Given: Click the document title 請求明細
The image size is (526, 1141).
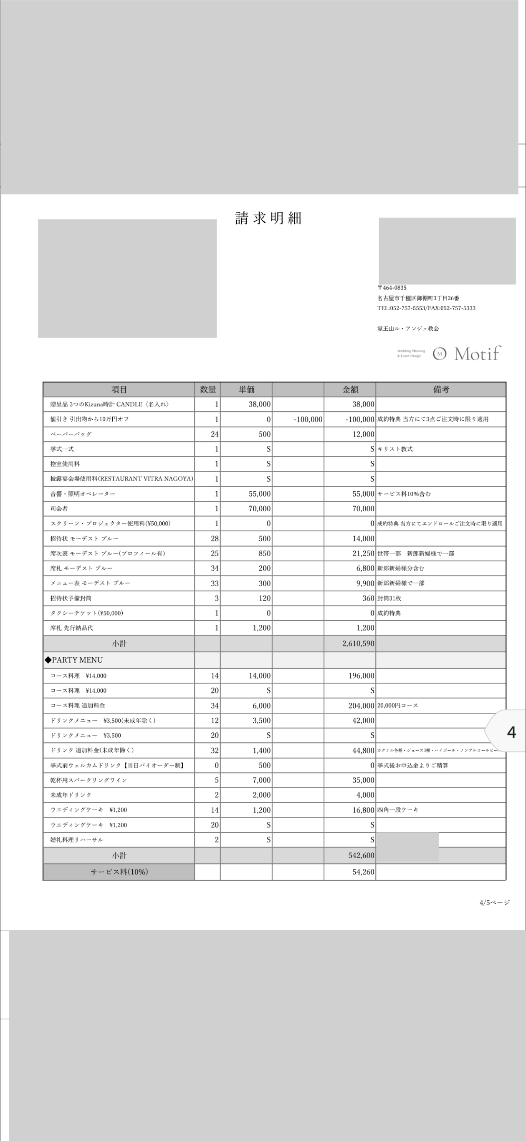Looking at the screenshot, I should tap(268, 219).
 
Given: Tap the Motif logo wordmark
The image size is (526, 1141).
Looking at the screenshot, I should tap(477, 354).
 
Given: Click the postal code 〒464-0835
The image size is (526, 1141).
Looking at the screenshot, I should tap(392, 288).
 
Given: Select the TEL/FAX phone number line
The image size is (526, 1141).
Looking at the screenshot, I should tap(426, 308).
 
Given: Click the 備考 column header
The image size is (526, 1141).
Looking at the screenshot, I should tap(441, 390).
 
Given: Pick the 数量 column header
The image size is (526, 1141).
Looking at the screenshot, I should tap(207, 390).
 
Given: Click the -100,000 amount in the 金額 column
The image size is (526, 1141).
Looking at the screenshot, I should tap(360, 420).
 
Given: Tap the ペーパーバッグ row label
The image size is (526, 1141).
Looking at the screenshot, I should tap(71, 434).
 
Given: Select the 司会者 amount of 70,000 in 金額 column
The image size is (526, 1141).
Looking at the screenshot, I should tap(363, 508).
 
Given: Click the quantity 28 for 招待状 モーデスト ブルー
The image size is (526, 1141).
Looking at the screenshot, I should tap(215, 539).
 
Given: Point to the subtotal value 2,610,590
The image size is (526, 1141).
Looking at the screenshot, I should tap(358, 643).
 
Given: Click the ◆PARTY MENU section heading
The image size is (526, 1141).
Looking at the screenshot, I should tap(74, 660).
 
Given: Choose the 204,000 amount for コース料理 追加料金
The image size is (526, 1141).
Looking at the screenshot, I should tap(361, 706).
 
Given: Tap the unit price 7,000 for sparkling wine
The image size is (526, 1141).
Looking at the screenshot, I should tap(261, 780).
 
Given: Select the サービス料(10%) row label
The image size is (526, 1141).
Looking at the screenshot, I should tap(119, 872).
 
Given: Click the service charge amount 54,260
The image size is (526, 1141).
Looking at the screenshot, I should tap(363, 872).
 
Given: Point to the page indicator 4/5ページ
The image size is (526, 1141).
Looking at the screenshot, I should tap(495, 902).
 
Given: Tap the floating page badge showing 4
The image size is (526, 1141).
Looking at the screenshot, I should tap(511, 733).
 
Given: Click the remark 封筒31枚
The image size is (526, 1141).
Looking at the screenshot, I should tap(389, 598).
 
